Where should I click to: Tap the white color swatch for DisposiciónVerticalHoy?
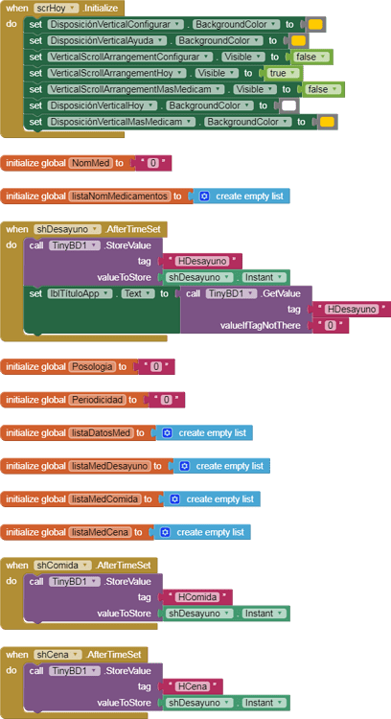pos(288,105)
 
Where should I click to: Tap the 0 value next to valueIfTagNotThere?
pos(330,326)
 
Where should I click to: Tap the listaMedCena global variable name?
pos(99,531)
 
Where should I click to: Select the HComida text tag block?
pos(197,596)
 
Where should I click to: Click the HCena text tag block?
pos(193,686)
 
